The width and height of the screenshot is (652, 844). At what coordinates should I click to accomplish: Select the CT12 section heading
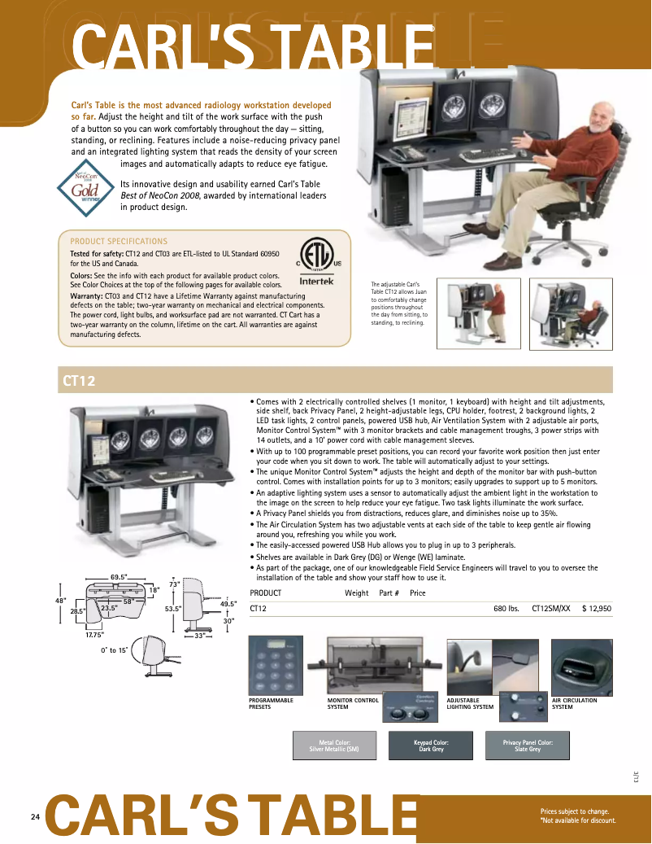[79, 380]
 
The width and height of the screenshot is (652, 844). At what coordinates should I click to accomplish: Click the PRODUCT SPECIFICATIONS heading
[119, 242]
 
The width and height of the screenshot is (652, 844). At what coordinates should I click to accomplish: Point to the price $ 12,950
[596, 608]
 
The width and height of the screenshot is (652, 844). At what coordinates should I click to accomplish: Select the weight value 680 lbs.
[506, 608]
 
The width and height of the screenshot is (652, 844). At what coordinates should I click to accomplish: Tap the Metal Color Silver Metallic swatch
[334, 746]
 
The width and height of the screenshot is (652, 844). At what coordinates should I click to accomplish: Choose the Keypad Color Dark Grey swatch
[430, 746]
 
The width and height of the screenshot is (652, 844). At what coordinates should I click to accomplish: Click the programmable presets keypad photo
[276, 665]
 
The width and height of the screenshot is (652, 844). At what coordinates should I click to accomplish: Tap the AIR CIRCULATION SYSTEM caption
[574, 703]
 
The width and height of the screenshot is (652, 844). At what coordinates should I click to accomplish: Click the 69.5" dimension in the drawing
[119, 577]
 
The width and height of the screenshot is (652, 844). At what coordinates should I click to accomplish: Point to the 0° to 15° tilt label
[114, 651]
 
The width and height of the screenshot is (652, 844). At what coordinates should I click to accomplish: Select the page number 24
[35, 817]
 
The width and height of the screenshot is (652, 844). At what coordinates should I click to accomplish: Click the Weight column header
[356, 593]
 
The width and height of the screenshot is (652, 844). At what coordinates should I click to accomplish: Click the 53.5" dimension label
[172, 608]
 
